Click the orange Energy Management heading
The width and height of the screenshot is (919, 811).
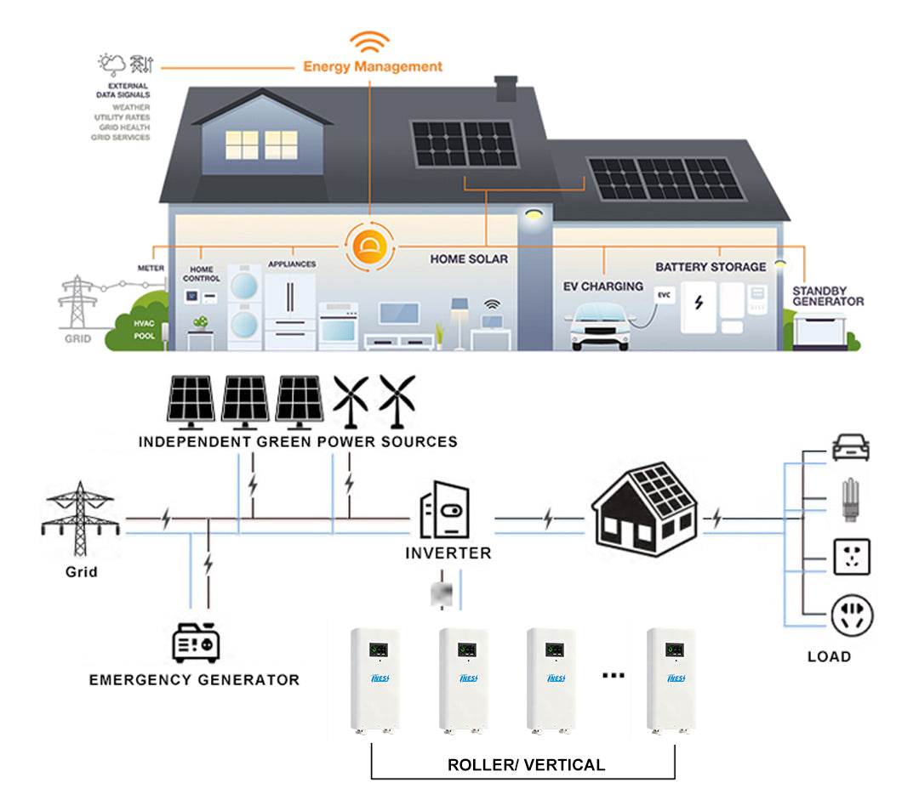click(373, 66)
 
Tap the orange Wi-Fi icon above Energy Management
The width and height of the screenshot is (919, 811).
click(372, 42)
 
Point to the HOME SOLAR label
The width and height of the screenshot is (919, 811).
click(468, 258)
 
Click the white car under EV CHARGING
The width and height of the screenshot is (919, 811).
click(602, 323)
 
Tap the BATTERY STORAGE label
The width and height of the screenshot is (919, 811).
click(711, 267)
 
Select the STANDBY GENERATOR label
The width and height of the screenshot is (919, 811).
click(827, 296)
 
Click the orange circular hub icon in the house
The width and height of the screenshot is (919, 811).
click(371, 247)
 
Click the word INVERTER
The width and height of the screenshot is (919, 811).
click(448, 553)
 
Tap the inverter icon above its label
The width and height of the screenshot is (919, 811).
click(444, 511)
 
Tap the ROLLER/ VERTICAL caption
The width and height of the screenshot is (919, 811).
click(526, 765)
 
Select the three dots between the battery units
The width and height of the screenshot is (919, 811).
click(613, 676)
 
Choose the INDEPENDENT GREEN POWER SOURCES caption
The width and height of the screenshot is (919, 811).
click(298, 442)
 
